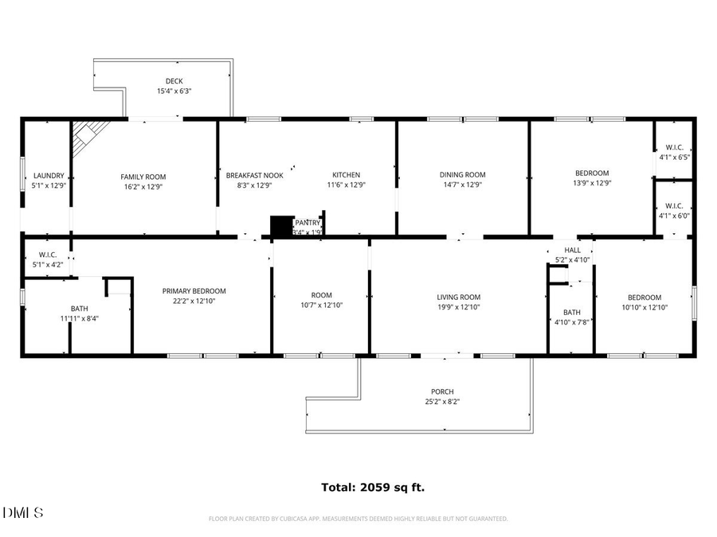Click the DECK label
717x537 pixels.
pyautogui.click(x=174, y=81)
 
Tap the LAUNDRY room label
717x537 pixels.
pyautogui.click(x=49, y=176)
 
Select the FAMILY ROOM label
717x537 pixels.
pyautogui.click(x=143, y=177)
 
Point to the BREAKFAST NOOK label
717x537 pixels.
pyautogui.click(x=249, y=175)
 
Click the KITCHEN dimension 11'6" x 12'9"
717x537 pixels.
pyautogui.click(x=347, y=185)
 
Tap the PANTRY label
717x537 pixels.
pyautogui.click(x=308, y=223)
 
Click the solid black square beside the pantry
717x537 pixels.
pyautogui.click(x=281, y=226)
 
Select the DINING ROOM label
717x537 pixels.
pyautogui.click(x=463, y=175)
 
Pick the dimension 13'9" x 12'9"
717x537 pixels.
pyautogui.click(x=592, y=183)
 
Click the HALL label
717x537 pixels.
pyautogui.click(x=573, y=250)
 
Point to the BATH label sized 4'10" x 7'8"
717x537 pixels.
pyautogui.click(x=572, y=312)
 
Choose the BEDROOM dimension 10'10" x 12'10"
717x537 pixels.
pyautogui.click(x=644, y=307)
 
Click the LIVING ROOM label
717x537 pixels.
pyautogui.click(x=459, y=298)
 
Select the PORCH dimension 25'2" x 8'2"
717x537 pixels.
pyautogui.click(x=442, y=402)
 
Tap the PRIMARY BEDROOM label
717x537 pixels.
pyautogui.click(x=194, y=291)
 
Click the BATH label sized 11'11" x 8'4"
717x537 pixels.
pyautogui.click(x=80, y=308)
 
